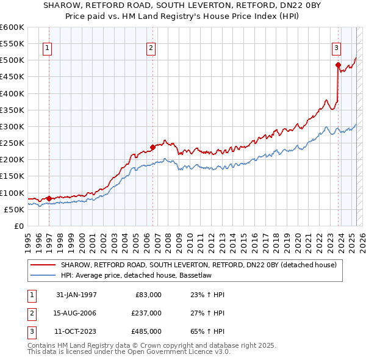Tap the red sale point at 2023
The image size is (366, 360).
(x=338, y=64)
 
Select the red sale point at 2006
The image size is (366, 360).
(x=152, y=146)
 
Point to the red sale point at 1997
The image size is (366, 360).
(x=49, y=198)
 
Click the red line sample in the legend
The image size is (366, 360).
(x=43, y=265)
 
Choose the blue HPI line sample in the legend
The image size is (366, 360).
(x=43, y=275)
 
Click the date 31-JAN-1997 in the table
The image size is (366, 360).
(x=76, y=295)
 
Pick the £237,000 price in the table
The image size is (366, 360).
(x=146, y=313)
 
